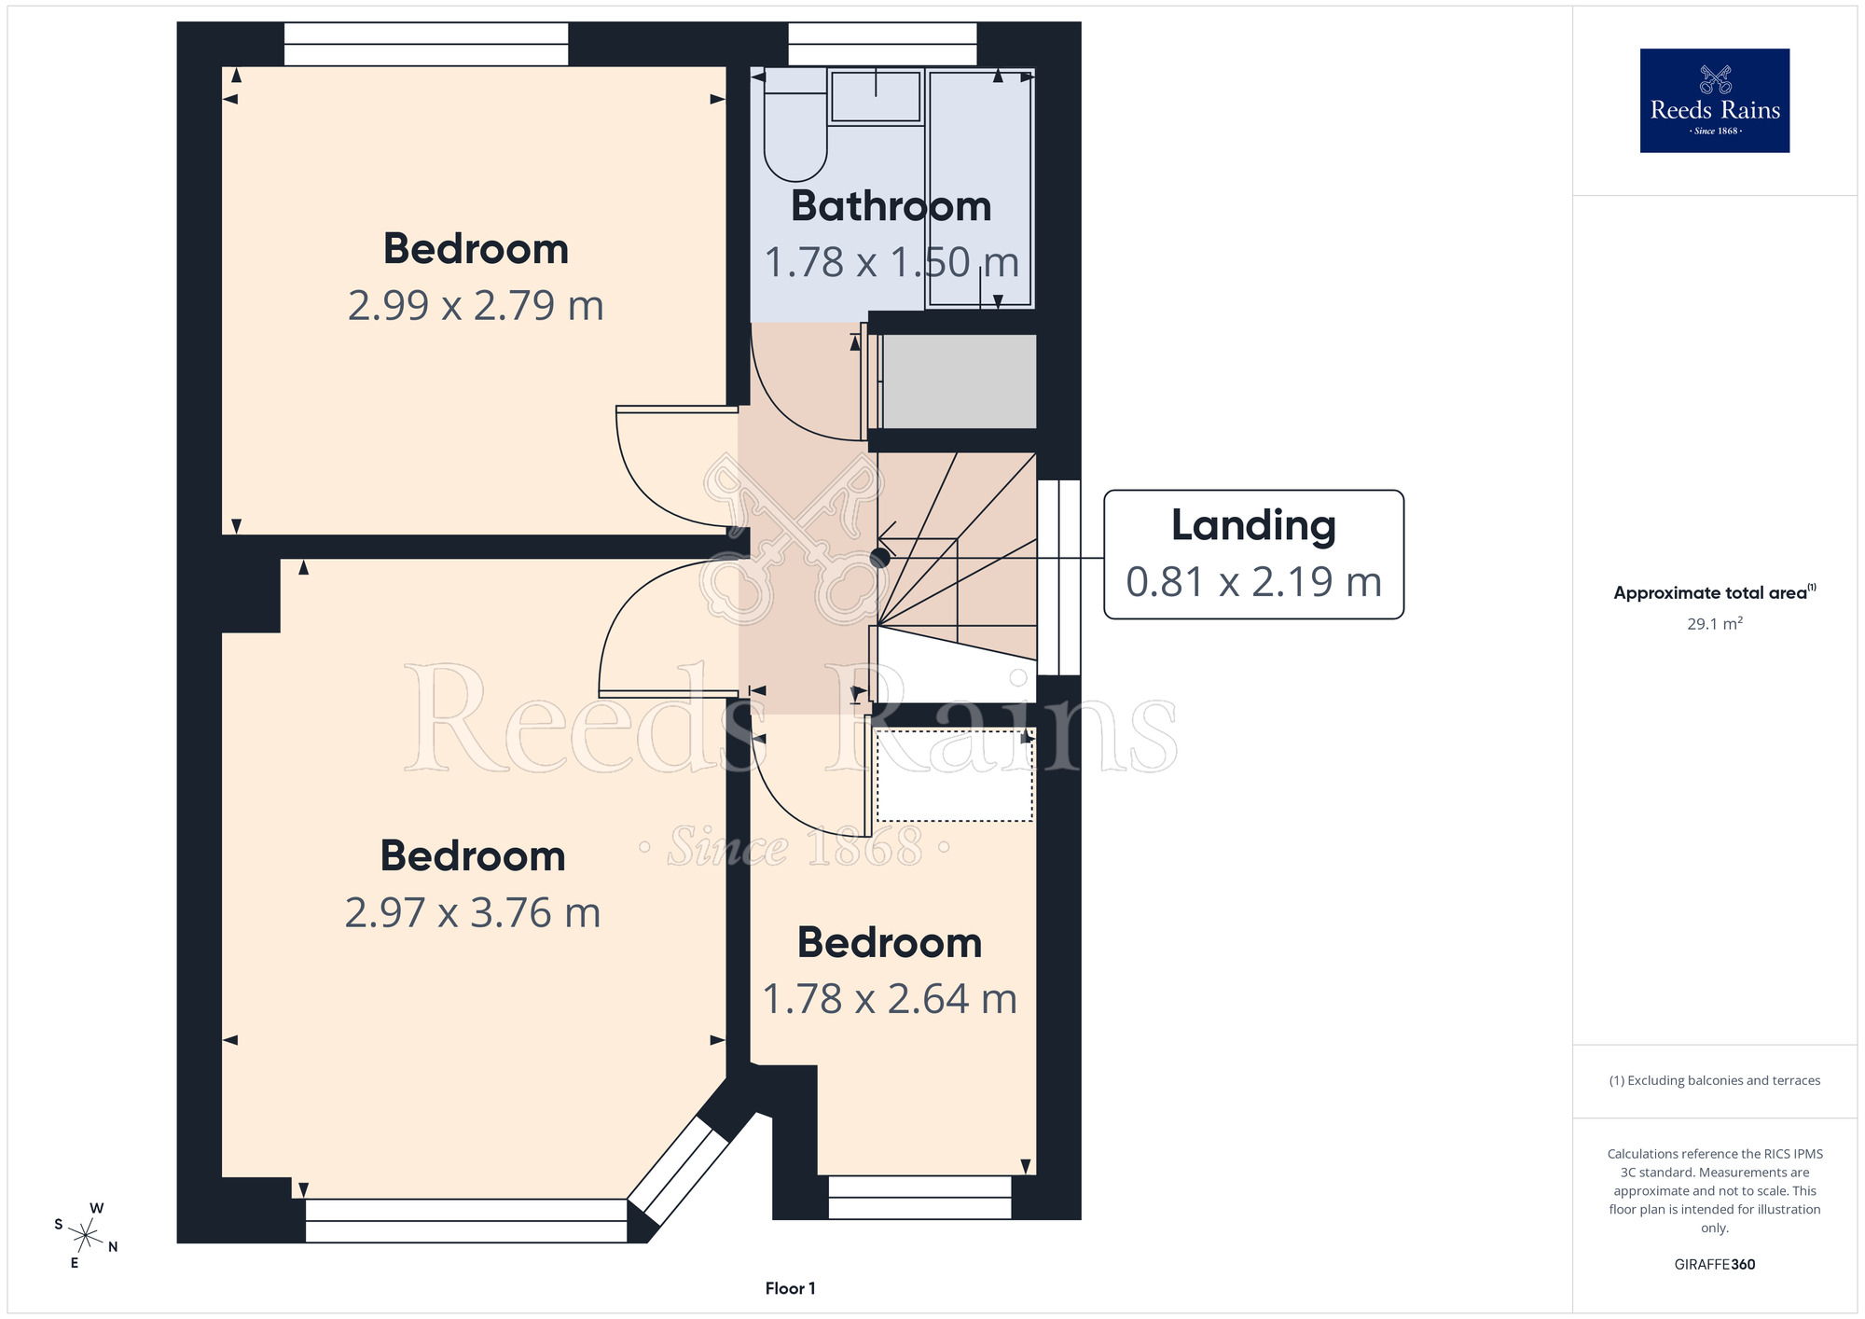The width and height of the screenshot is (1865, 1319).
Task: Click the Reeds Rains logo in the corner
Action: [x=1714, y=101]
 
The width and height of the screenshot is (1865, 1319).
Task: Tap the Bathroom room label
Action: [x=891, y=206]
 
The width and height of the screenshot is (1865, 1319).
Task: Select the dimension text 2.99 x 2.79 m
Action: [x=476, y=305]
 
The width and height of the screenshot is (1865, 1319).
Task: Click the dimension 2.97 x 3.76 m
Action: [x=473, y=912]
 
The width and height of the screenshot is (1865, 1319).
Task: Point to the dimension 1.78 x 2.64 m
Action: [x=890, y=999]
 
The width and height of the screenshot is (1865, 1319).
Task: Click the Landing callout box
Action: [x=1253, y=554]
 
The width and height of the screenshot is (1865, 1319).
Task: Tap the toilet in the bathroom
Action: [x=795, y=124]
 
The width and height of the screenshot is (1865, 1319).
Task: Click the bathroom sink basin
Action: [x=875, y=96]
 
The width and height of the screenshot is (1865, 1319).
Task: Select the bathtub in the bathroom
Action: [x=980, y=187]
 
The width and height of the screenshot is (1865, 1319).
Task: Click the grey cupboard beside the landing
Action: [x=959, y=382]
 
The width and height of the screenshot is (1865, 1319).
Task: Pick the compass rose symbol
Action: [x=86, y=1237]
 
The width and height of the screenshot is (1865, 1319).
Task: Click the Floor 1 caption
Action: [x=790, y=1288]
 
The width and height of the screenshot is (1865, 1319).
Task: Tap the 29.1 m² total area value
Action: [x=1714, y=623]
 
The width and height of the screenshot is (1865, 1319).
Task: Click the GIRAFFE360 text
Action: [x=1714, y=1265]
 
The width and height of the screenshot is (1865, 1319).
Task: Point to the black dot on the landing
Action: [x=879, y=558]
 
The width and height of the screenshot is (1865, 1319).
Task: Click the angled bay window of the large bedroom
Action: [x=679, y=1171]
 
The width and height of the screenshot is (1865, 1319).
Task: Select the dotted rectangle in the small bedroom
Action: [x=954, y=776]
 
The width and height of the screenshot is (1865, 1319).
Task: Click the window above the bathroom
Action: [x=882, y=44]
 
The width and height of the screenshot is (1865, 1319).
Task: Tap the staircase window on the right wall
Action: [x=1059, y=577]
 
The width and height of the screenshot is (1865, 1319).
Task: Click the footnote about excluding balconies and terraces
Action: [x=1714, y=1080]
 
